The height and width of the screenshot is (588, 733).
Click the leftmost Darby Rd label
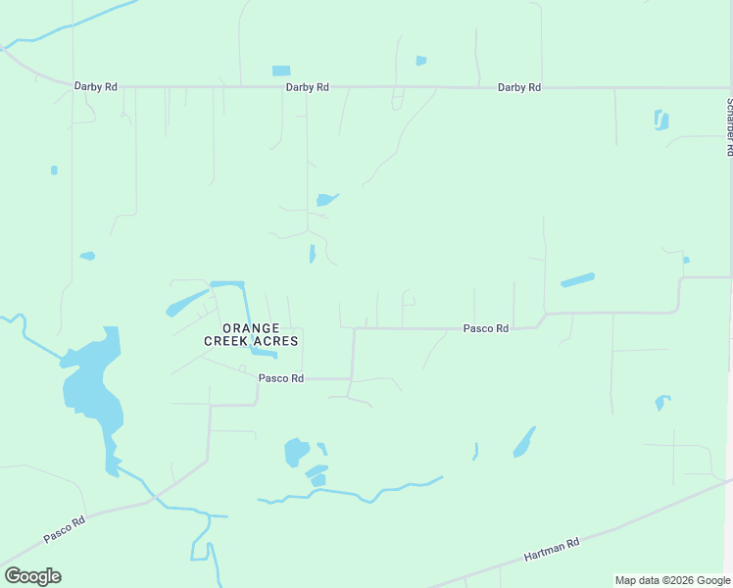point(96,87)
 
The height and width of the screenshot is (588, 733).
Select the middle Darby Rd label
point(307,87)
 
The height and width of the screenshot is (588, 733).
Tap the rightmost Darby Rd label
point(519,87)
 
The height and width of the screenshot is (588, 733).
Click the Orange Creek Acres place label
point(251,334)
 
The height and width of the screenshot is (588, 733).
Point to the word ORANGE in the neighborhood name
point(251,328)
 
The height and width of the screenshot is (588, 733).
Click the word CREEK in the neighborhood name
point(224,341)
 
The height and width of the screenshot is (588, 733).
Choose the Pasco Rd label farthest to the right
point(486,329)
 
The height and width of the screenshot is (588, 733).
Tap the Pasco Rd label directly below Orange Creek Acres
point(281,378)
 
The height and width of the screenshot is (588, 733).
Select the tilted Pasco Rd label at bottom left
point(65,530)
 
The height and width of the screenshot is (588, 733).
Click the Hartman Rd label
point(552,549)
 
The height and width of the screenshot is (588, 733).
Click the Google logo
point(32,576)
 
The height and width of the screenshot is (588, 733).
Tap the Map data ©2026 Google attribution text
point(672,580)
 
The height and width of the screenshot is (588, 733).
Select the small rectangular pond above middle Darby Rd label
point(281,71)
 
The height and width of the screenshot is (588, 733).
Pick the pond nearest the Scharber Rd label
point(661,121)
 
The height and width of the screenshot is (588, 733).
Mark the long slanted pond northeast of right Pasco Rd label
point(577,280)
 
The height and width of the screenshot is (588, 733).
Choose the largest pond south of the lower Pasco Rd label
point(295,452)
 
